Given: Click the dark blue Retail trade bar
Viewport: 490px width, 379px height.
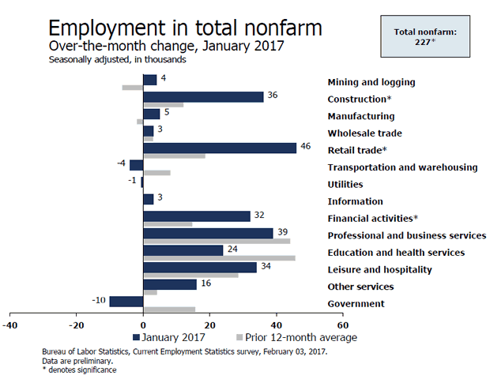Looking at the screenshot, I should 220,148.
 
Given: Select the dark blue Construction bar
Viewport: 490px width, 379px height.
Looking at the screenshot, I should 203,96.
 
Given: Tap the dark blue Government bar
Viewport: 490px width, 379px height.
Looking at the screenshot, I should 126,301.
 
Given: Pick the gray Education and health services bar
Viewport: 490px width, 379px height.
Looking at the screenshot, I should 219,258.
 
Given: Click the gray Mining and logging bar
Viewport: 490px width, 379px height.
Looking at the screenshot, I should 132,87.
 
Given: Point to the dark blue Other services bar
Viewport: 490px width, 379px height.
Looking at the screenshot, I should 169,284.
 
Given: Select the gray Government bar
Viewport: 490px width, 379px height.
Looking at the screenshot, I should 168,310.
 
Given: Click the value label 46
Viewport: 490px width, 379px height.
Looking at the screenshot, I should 306,146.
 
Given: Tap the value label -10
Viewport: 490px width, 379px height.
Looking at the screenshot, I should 98,300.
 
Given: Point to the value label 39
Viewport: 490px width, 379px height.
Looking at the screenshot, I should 283,231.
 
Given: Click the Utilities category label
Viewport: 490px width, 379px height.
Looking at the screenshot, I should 345,184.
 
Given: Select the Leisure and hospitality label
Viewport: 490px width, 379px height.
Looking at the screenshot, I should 379,269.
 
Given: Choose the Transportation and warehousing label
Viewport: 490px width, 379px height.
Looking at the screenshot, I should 402,167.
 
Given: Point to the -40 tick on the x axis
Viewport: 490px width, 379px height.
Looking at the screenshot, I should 10,325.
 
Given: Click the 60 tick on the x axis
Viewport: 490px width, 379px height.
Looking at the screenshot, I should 342,325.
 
